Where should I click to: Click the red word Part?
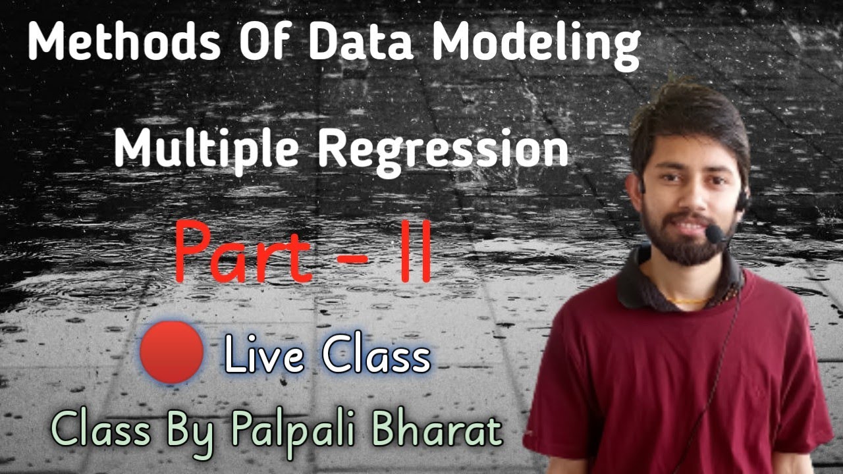click(x=244, y=253)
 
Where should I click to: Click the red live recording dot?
click(x=171, y=353)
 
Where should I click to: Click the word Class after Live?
click(x=376, y=355)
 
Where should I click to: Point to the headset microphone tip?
click(x=712, y=232)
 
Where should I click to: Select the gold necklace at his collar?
click(x=685, y=302)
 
